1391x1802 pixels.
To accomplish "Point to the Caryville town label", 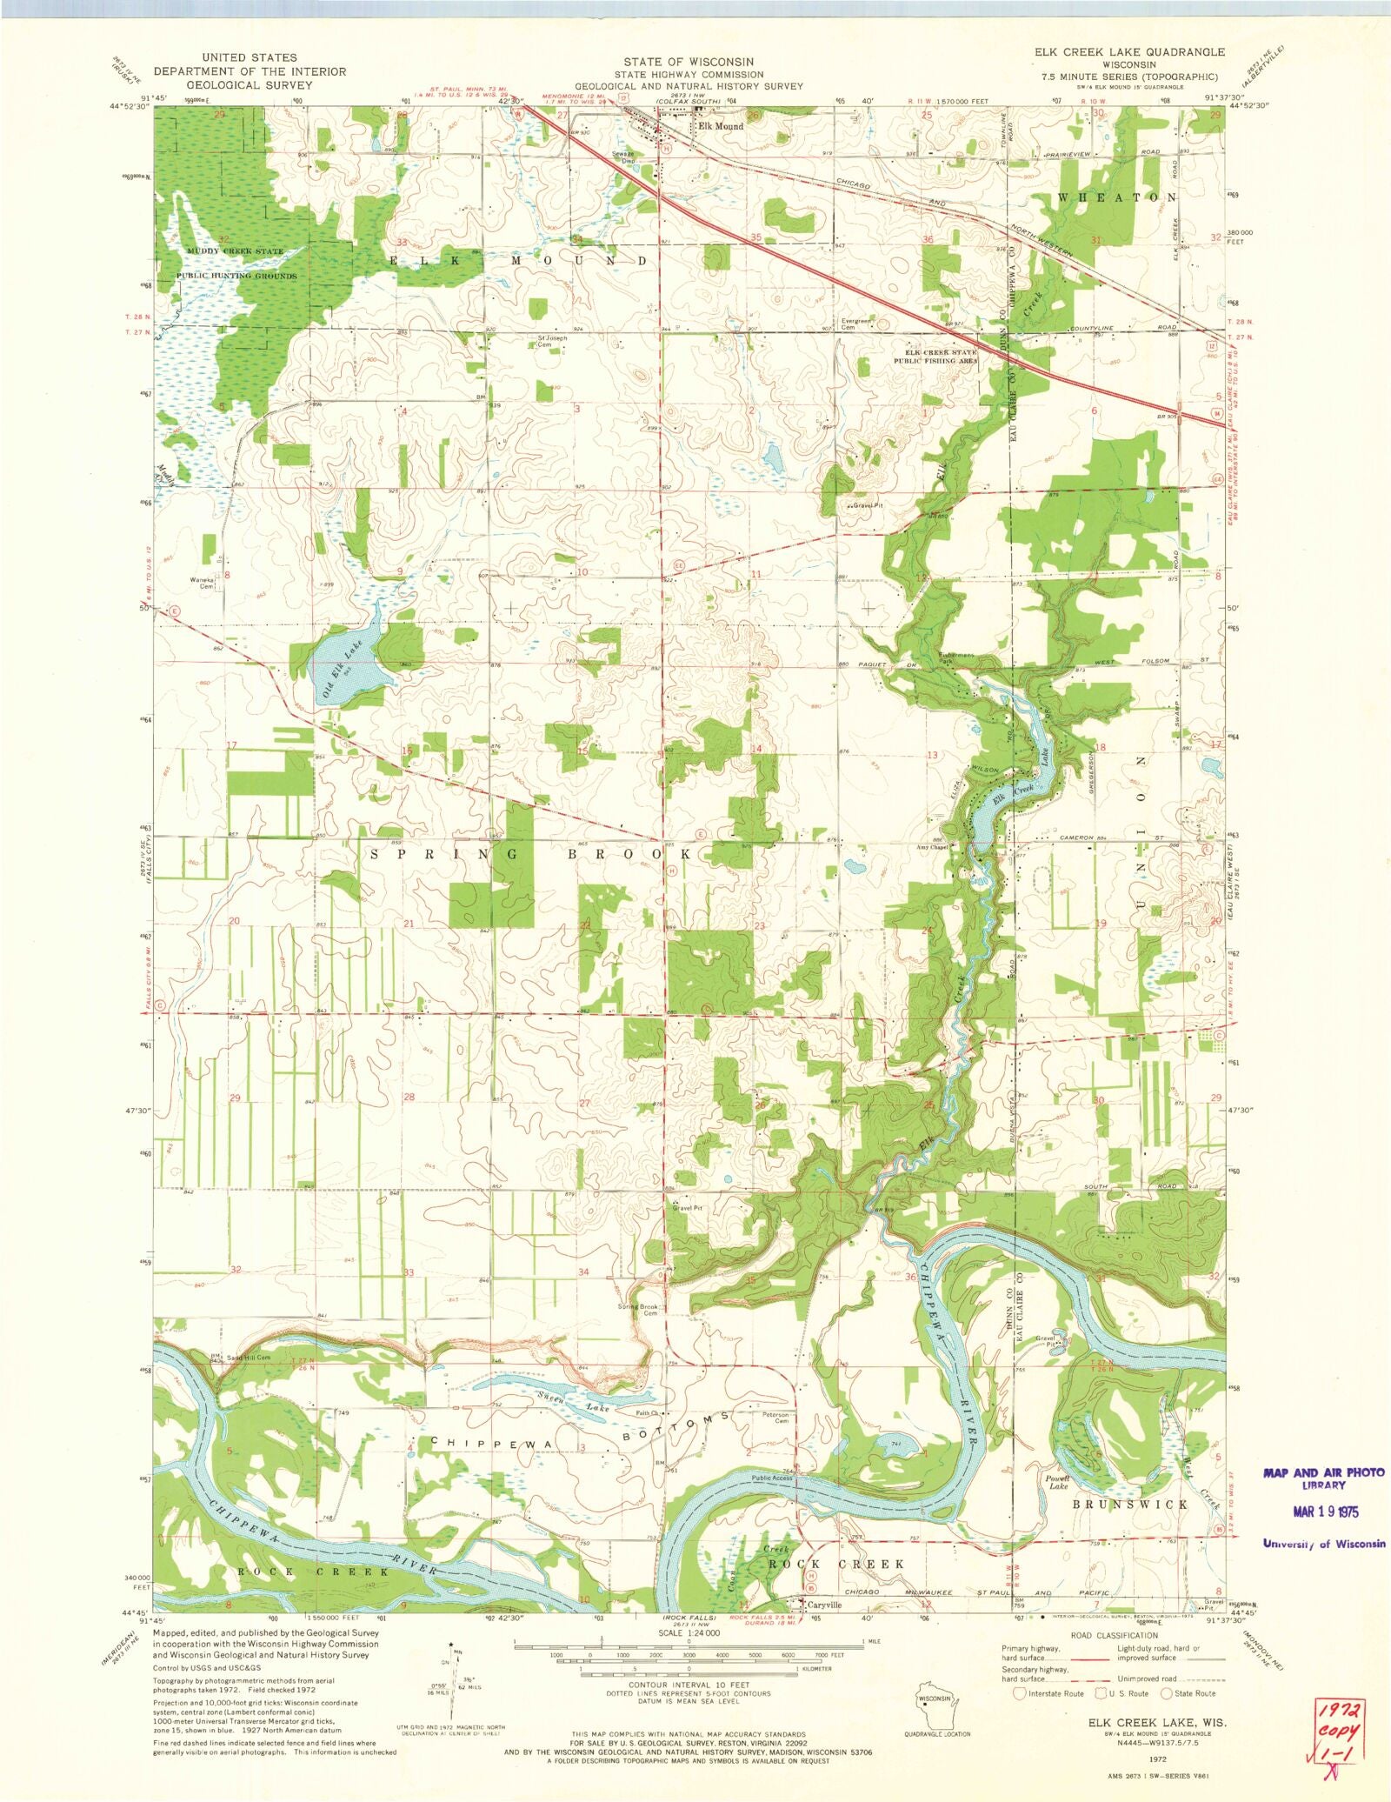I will click(825, 1605).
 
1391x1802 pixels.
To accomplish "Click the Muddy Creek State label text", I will click(234, 251).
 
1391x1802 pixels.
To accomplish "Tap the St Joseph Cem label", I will click(546, 341).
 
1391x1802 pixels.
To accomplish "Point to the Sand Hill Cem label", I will click(249, 1358).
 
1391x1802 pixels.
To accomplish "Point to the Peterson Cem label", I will click(775, 1418).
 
